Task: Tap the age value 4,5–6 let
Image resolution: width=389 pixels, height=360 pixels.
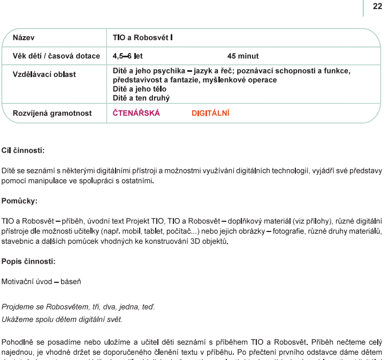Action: click(x=127, y=55)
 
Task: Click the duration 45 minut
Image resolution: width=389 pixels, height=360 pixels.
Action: click(x=244, y=55)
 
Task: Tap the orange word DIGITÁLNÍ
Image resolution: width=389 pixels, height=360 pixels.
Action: click(x=210, y=114)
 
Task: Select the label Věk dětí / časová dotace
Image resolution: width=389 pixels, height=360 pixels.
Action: click(x=52, y=55)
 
